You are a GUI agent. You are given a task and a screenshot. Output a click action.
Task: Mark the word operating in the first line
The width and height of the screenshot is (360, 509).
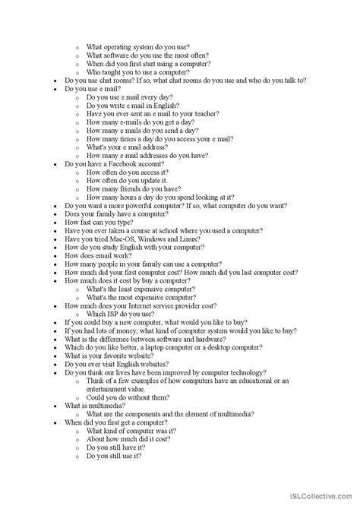[x=120, y=47]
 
